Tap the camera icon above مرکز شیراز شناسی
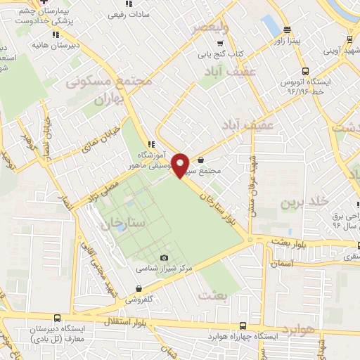(x=165, y=258)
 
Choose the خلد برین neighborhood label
(x=306, y=202)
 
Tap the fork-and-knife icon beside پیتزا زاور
(x=286, y=30)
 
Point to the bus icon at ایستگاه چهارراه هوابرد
(x=243, y=326)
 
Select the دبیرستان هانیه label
(x=51, y=44)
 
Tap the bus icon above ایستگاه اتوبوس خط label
(x=305, y=71)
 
